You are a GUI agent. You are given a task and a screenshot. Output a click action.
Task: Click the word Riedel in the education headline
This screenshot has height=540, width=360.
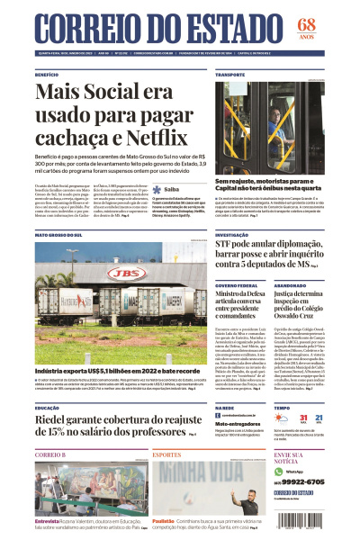58,419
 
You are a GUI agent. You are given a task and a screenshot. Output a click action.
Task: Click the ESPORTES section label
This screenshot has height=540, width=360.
166,455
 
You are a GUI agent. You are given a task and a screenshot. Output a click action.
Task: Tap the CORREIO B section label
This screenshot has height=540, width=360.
50,455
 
